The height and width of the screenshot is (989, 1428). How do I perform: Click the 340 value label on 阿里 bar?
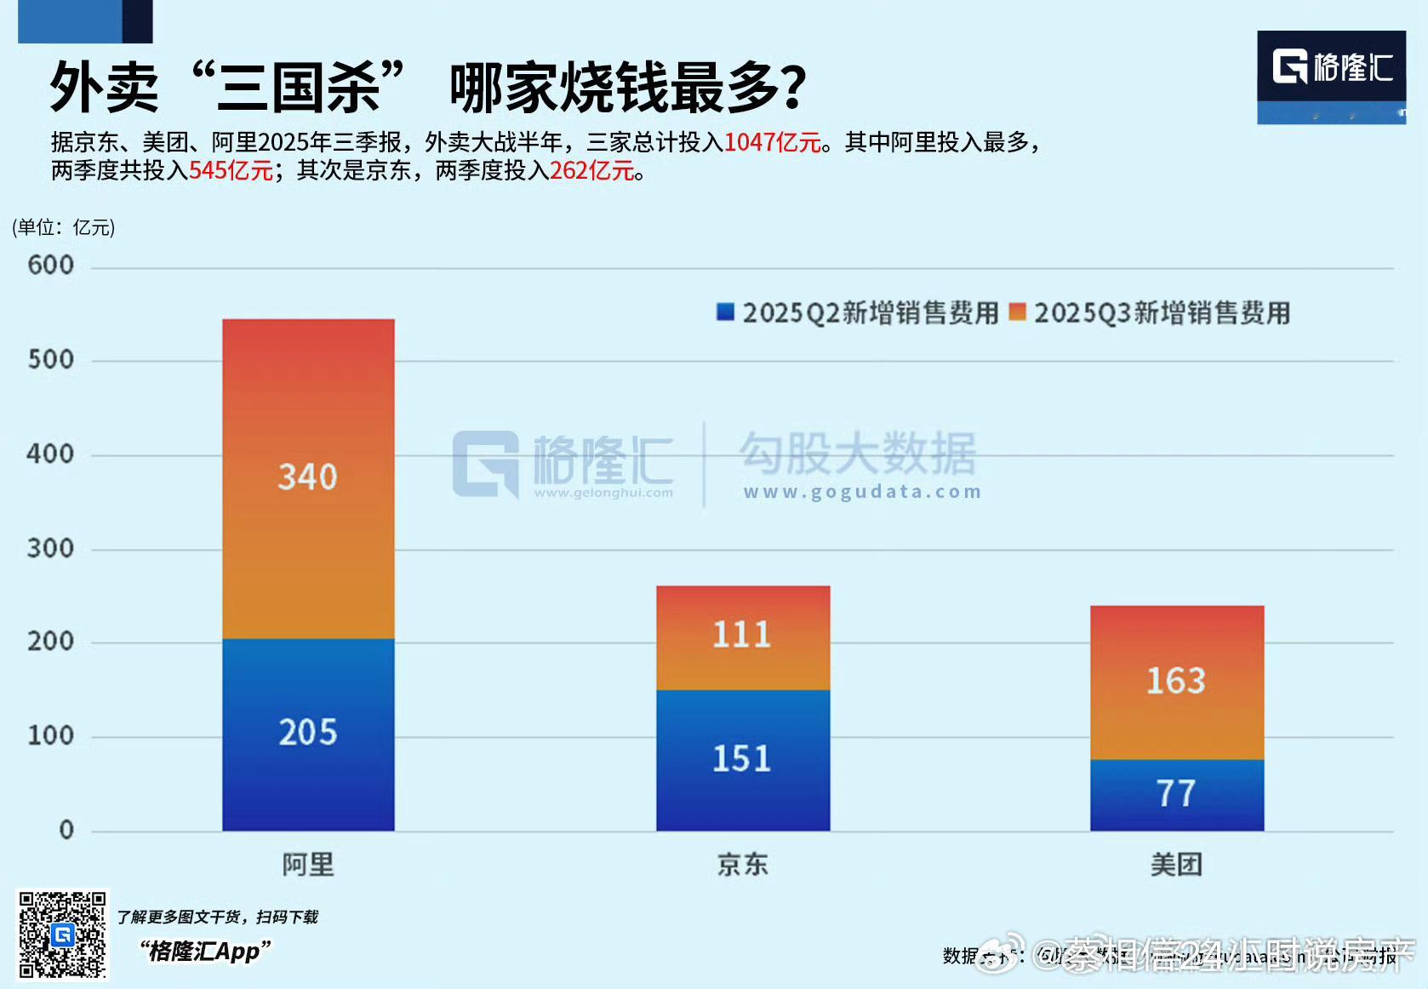[307, 477]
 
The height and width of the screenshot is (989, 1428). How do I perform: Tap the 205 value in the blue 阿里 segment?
[307, 732]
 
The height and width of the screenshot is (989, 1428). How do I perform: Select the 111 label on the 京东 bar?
[742, 634]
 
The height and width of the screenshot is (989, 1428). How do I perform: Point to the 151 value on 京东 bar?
[742, 758]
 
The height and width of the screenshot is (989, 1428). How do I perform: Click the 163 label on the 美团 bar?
[1176, 681]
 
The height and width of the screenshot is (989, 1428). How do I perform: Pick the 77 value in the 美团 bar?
[1176, 793]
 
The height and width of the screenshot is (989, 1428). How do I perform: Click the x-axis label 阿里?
[308, 865]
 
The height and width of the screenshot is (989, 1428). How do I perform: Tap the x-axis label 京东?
[742, 865]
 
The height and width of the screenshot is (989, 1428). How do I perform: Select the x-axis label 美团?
[1176, 865]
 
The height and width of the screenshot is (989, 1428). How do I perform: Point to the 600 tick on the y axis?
[51, 266]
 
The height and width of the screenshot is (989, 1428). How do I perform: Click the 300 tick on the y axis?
[51, 548]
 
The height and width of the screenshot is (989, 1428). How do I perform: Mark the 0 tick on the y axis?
[66, 830]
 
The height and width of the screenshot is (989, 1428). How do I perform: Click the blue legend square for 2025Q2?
[726, 312]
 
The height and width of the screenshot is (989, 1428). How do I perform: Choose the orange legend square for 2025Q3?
[1017, 312]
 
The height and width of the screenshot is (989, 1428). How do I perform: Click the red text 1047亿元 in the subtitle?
[772, 142]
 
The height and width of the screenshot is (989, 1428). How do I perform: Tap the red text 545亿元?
[231, 171]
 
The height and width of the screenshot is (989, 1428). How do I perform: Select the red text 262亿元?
[592, 171]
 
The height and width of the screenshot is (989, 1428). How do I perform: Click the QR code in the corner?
[63, 935]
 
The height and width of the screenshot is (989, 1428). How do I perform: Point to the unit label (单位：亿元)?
[64, 227]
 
